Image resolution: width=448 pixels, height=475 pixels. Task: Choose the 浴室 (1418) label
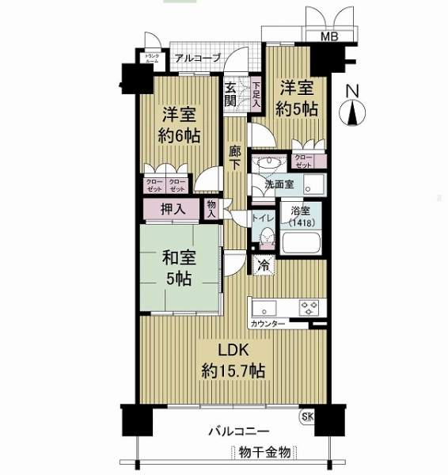tap(302, 218)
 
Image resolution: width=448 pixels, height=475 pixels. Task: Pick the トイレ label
tap(263, 215)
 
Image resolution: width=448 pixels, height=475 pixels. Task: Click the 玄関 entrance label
tap(231, 93)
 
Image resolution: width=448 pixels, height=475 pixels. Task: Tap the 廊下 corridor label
tap(236, 157)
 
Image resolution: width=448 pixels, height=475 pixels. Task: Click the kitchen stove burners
tap(307, 306)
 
